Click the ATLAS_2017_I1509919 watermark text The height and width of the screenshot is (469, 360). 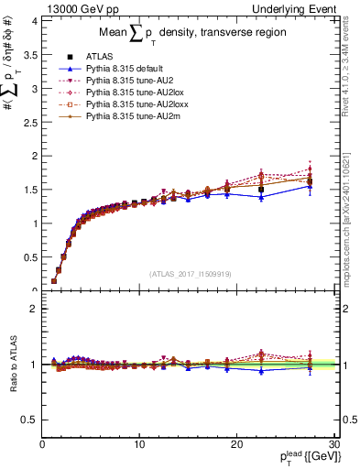[190, 272]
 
